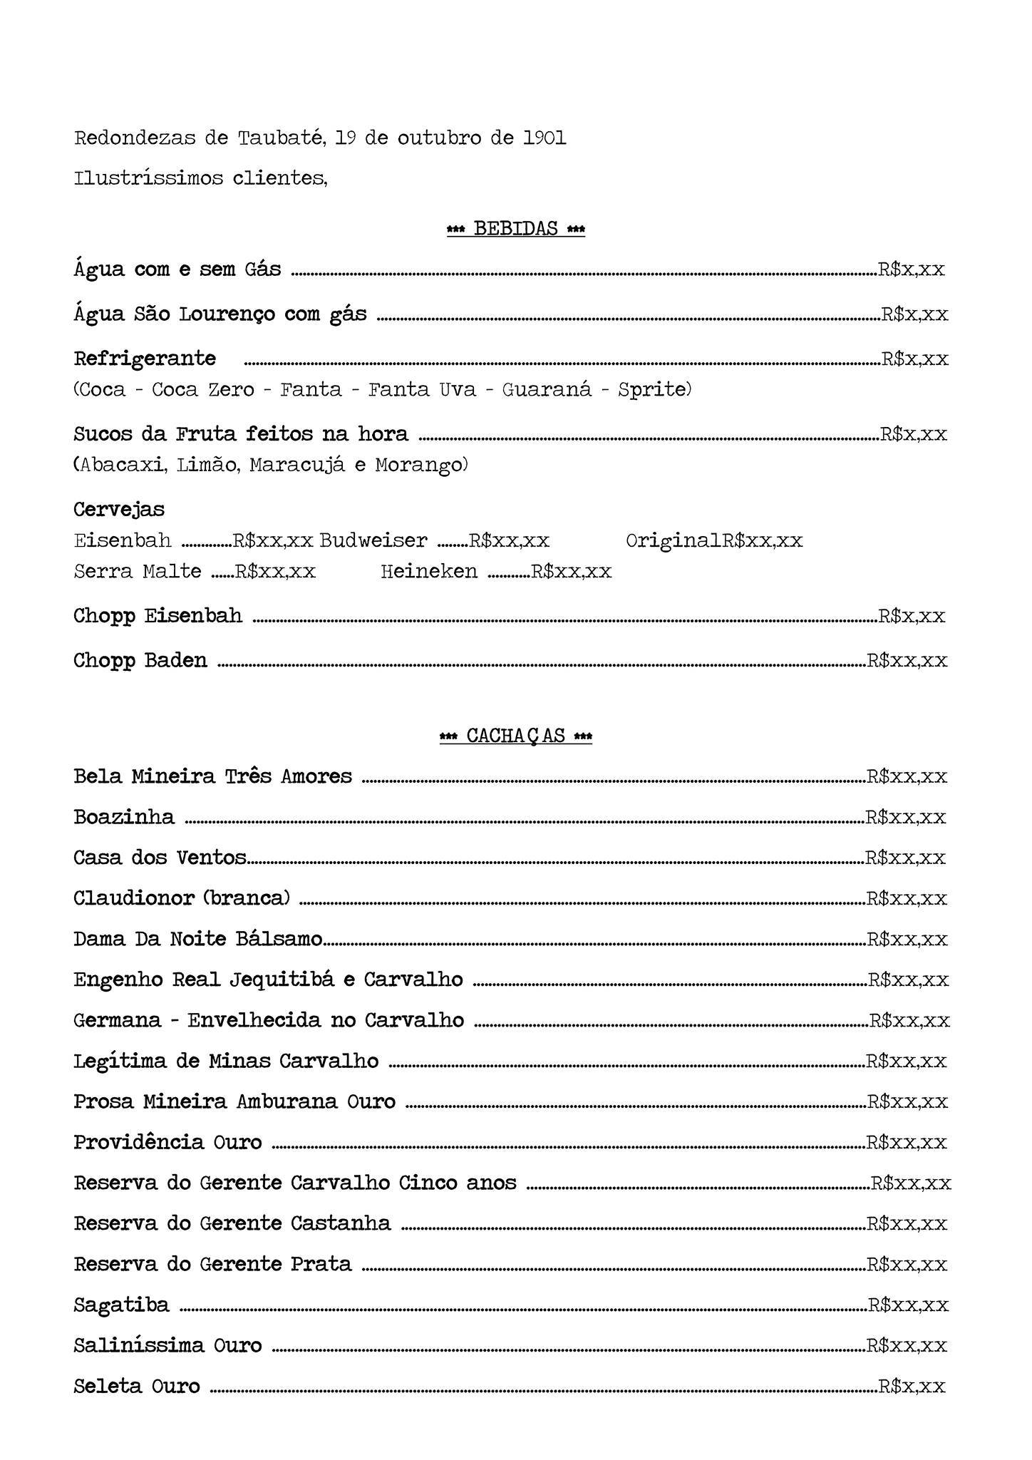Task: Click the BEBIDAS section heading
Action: click(516, 229)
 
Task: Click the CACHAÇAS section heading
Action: click(516, 736)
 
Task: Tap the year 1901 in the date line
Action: click(545, 138)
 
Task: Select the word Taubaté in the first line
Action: click(282, 138)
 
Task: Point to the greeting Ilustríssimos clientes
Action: click(200, 178)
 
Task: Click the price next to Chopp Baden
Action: click(907, 661)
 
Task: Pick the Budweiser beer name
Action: click(373, 540)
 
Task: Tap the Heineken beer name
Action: click(429, 571)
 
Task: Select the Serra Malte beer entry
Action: click(138, 571)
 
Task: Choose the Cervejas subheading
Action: click(119, 509)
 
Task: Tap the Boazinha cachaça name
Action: click(124, 817)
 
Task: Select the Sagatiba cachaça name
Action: click(122, 1305)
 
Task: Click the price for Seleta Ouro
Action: click(912, 1386)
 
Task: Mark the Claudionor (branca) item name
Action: click(182, 898)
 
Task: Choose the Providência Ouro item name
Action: click(168, 1142)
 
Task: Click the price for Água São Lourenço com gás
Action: click(914, 314)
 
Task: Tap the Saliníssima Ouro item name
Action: click(168, 1345)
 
